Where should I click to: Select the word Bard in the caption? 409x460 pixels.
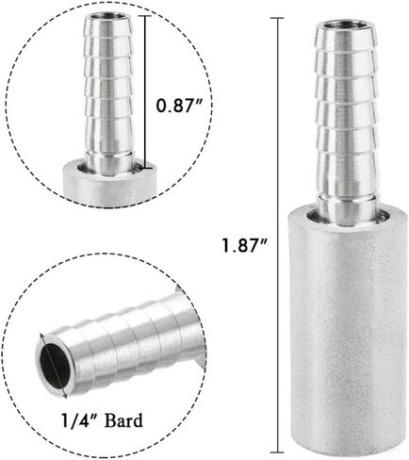(123, 420)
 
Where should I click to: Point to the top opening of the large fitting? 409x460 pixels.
(345, 25)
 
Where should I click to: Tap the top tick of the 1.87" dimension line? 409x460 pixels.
(277, 18)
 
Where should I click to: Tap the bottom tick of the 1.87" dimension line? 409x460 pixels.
(277, 452)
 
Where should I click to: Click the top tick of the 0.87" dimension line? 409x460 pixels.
(145, 16)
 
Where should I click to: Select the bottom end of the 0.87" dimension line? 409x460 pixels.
(145, 169)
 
